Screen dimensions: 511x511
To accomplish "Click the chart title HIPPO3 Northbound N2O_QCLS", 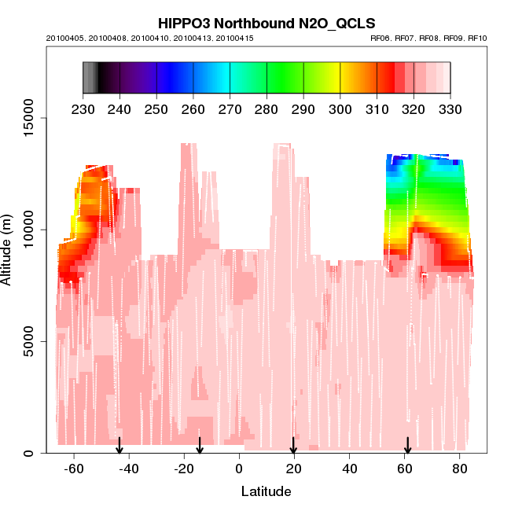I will click(x=266, y=23).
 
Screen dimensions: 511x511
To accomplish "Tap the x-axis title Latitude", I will click(x=266, y=492).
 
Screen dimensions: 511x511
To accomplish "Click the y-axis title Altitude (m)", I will click(x=9, y=249).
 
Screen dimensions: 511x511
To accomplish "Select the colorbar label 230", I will click(x=83, y=108).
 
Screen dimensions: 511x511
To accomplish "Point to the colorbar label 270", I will click(x=230, y=108).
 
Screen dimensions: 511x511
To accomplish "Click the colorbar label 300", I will click(x=340, y=108).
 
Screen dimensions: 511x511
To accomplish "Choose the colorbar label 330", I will click(x=450, y=108).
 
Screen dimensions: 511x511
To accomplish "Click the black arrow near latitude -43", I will click(x=119, y=446).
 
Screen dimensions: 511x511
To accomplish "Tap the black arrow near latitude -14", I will click(x=200, y=446).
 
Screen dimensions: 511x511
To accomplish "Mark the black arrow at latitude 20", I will click(x=293, y=446).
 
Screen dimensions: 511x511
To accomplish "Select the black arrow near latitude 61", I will click(x=407, y=446).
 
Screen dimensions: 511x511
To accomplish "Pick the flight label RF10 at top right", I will click(x=477, y=38).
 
